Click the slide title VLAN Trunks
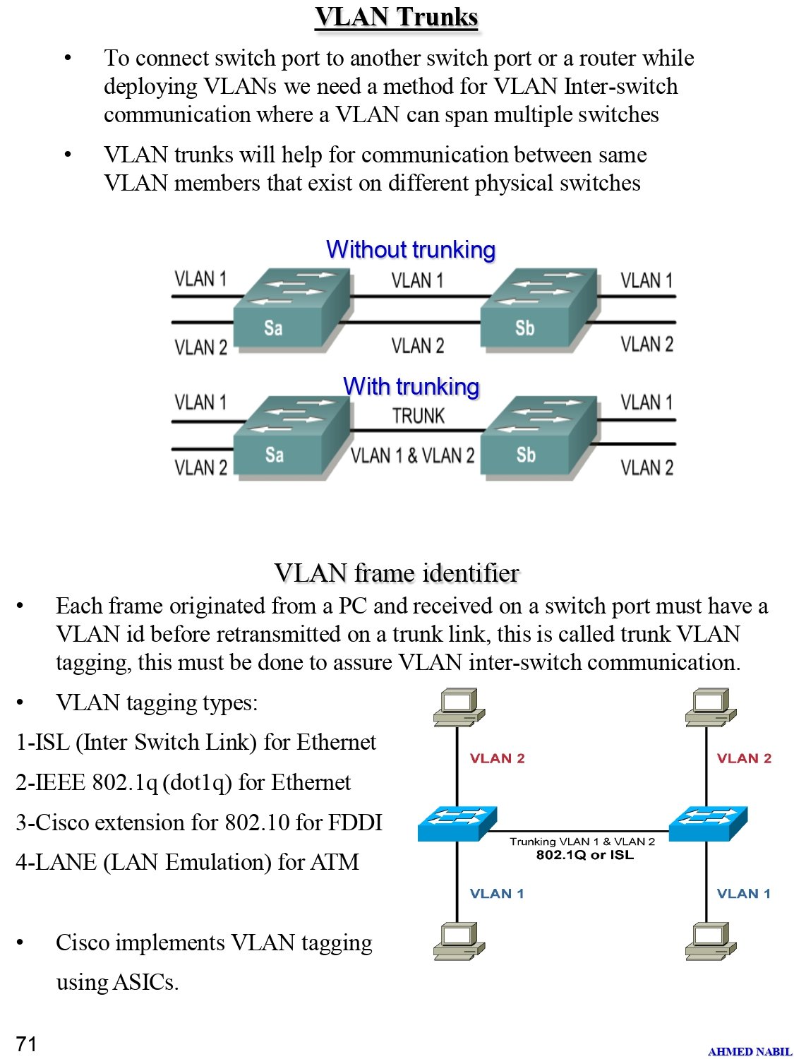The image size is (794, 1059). click(x=396, y=17)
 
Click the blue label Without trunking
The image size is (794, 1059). click(x=411, y=250)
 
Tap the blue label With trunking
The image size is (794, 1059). click(x=411, y=387)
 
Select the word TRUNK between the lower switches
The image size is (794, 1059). click(x=418, y=416)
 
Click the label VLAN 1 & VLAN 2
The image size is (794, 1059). click(x=413, y=455)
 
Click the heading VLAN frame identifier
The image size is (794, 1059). click(x=397, y=573)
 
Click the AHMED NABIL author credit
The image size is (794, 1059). click(x=750, y=1051)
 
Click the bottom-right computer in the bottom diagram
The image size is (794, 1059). click(x=711, y=941)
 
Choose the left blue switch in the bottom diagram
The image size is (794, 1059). click(x=457, y=824)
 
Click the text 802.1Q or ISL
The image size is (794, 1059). click(x=585, y=856)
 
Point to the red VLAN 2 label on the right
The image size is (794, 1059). click(x=744, y=758)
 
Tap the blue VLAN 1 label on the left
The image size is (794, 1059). click(x=497, y=894)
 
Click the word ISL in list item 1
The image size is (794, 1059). click(x=52, y=742)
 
